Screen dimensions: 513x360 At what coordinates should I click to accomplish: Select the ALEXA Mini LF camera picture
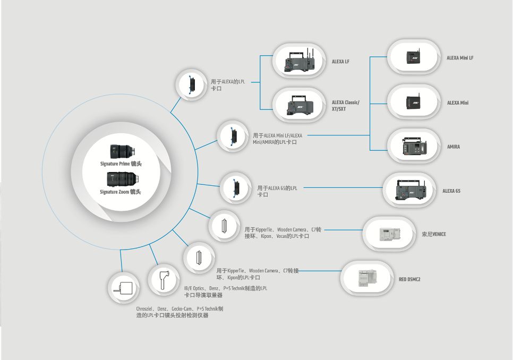413,57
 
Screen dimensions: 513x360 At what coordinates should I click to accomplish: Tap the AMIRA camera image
415,146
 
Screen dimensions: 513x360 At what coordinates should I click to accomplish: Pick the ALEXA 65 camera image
409,190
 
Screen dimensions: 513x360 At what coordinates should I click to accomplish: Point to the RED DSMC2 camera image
367,278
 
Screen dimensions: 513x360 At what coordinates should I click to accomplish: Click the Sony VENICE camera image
390,234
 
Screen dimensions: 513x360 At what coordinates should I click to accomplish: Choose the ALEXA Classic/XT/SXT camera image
300,105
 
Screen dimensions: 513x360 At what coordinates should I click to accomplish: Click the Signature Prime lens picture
123,152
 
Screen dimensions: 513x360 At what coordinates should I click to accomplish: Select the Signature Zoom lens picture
123,179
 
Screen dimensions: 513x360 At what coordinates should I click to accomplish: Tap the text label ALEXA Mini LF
460,58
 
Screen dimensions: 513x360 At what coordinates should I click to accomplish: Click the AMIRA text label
454,147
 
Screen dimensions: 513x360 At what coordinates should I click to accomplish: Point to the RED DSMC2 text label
409,279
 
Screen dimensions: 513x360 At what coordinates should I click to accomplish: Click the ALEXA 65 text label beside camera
451,191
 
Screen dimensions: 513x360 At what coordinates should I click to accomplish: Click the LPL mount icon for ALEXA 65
236,188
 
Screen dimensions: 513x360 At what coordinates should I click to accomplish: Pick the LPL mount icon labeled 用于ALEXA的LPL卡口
192,84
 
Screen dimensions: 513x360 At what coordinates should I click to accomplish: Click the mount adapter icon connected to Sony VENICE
225,226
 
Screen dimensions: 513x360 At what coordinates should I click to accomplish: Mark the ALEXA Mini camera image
413,102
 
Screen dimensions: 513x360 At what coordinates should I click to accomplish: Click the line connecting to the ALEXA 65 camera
344,187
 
